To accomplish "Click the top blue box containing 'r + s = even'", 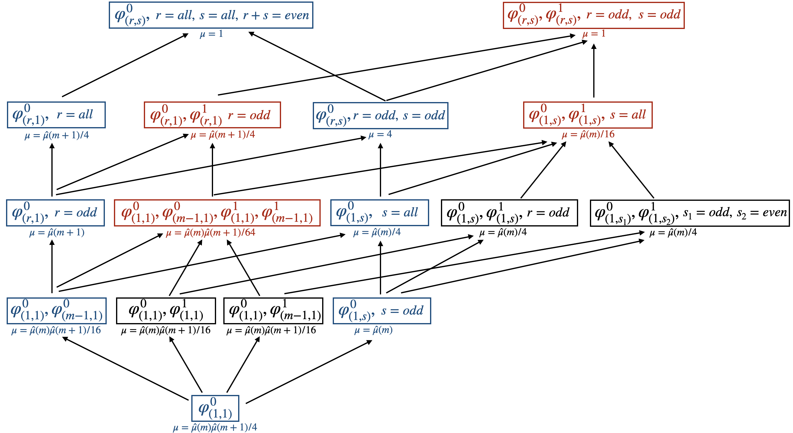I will coord(211,15).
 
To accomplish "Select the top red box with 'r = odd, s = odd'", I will coord(593,15).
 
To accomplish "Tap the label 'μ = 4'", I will coord(380,134).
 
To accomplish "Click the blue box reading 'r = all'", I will coord(56,115).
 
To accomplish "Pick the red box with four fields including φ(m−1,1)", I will coord(217,213).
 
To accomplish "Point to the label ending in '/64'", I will coord(211,233).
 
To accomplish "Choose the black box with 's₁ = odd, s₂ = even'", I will coord(690,213).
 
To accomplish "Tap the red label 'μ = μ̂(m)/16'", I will coord(588,134).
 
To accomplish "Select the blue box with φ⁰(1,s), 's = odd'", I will coord(382,311).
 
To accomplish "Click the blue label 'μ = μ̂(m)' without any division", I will coord(374,330).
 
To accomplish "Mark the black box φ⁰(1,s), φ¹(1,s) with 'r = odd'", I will coord(509,213).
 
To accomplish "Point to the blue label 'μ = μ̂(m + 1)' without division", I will coord(57,233).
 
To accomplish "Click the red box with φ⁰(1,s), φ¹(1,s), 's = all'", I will coord(588,115).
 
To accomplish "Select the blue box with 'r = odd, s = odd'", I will coord(380,116).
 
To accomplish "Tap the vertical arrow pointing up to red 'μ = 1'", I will coord(594,71).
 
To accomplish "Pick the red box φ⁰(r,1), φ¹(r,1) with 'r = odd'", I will coord(212,115).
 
